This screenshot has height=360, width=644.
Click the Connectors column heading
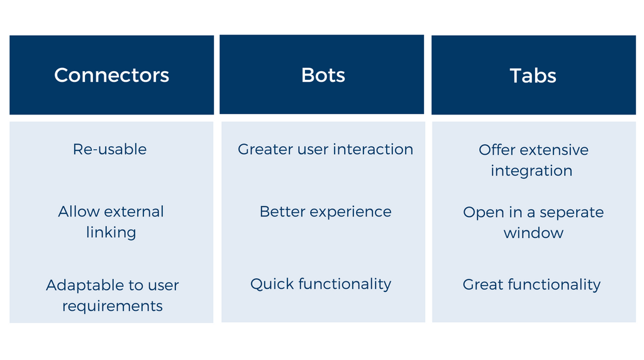(x=112, y=75)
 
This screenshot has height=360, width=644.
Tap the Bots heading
(x=323, y=75)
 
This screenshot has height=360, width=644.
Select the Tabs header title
(x=533, y=76)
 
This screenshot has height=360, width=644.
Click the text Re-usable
(x=109, y=149)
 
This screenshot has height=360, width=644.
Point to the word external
(x=134, y=211)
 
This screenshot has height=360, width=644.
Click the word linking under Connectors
(x=111, y=233)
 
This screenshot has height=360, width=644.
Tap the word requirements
(x=113, y=306)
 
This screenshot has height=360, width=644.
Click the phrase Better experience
(x=326, y=211)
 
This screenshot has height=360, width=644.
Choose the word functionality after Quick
(x=345, y=284)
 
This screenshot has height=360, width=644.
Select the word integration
(x=531, y=171)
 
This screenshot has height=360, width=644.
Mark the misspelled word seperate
(x=572, y=213)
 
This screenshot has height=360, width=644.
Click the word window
(x=533, y=233)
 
